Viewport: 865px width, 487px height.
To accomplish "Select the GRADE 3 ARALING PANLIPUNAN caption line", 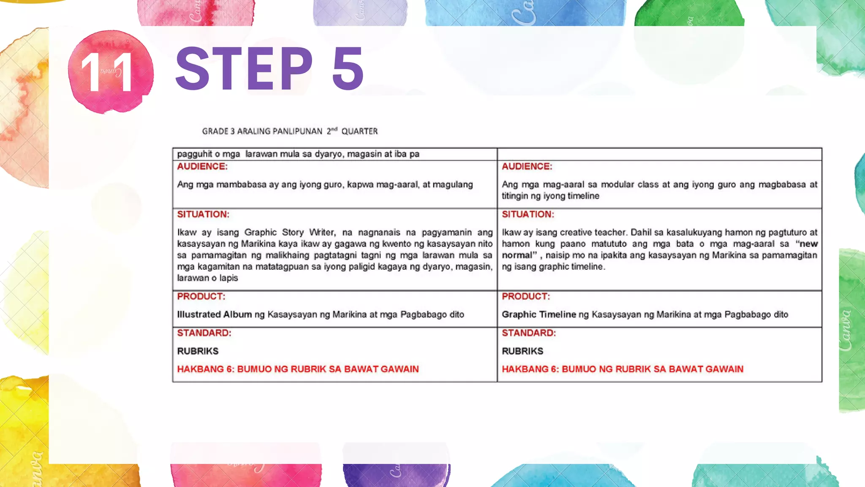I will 290,131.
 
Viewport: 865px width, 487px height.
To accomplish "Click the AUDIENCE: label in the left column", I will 202,167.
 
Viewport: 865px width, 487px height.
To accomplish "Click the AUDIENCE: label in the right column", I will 527,167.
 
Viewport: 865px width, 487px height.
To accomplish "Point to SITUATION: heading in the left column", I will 203,214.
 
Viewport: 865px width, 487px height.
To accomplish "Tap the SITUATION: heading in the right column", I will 528,214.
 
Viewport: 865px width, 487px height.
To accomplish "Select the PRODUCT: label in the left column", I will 201,296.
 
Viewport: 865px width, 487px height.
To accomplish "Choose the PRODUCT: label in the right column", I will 526,296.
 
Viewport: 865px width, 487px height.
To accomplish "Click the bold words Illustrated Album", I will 214,315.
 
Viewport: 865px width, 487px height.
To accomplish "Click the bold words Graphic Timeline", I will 539,315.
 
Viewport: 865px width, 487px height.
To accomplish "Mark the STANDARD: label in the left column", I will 204,333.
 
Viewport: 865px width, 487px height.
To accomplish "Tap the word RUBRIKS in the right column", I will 522,351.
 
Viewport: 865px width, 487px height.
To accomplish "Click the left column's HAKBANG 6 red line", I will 298,369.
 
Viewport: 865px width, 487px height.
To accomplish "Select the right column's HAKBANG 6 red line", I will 622,369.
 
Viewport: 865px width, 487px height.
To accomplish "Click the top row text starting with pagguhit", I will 298,154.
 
